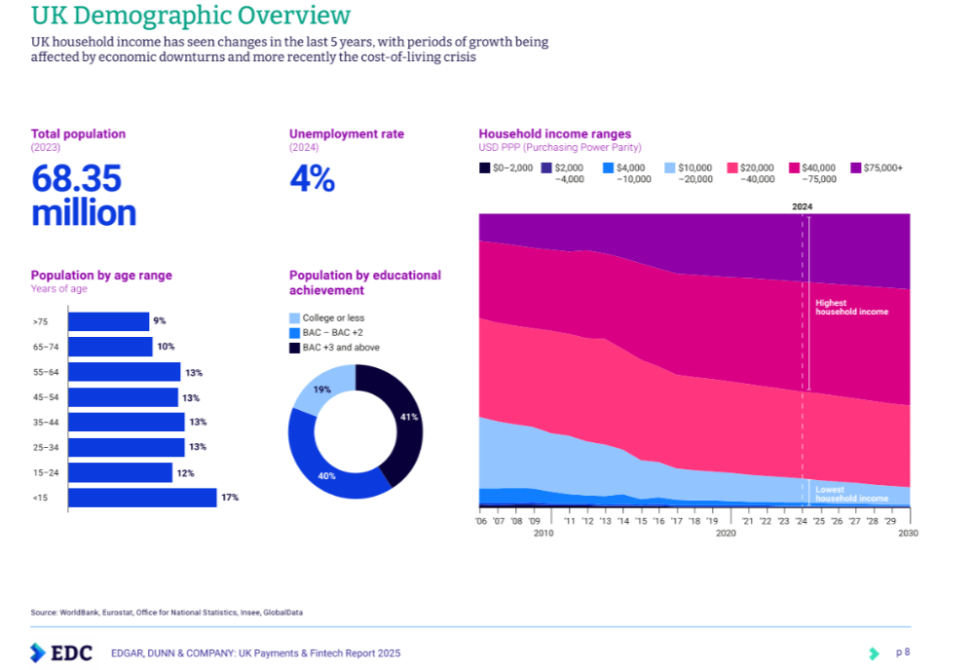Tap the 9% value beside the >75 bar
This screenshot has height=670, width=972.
coord(159,320)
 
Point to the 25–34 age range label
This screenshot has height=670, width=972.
coord(45,447)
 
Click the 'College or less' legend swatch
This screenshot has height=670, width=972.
coord(294,318)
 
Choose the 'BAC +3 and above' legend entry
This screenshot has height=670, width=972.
coord(340,348)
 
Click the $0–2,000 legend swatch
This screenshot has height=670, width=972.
coord(484,168)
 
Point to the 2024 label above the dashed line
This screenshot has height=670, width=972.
coord(803,206)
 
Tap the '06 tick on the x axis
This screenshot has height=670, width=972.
coord(481,522)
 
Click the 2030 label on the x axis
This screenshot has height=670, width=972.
coord(908,534)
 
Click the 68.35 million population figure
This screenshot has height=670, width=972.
coord(84,196)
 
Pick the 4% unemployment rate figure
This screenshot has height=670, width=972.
coord(312,179)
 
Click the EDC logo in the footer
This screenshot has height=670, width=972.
coord(60,652)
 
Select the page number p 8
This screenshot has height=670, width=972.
coord(903,651)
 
